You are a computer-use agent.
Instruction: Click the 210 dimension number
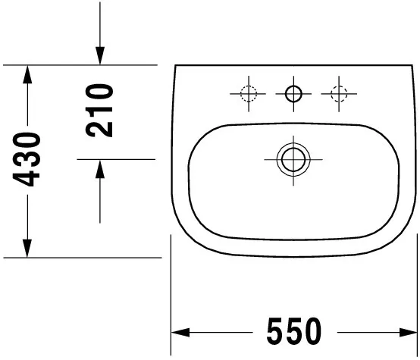pos(99,111)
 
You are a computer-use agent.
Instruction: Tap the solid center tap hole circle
pos(293,94)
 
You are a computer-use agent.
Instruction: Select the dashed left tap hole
pos(248,94)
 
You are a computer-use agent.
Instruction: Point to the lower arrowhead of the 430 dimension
pos(27,249)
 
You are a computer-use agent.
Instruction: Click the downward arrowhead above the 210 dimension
pos(99,57)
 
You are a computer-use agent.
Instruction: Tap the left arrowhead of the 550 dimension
pos(180,332)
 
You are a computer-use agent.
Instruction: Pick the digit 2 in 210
pos(99,127)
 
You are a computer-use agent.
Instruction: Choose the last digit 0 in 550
pos(312,331)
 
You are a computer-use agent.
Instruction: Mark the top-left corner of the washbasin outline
pos(176,67)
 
